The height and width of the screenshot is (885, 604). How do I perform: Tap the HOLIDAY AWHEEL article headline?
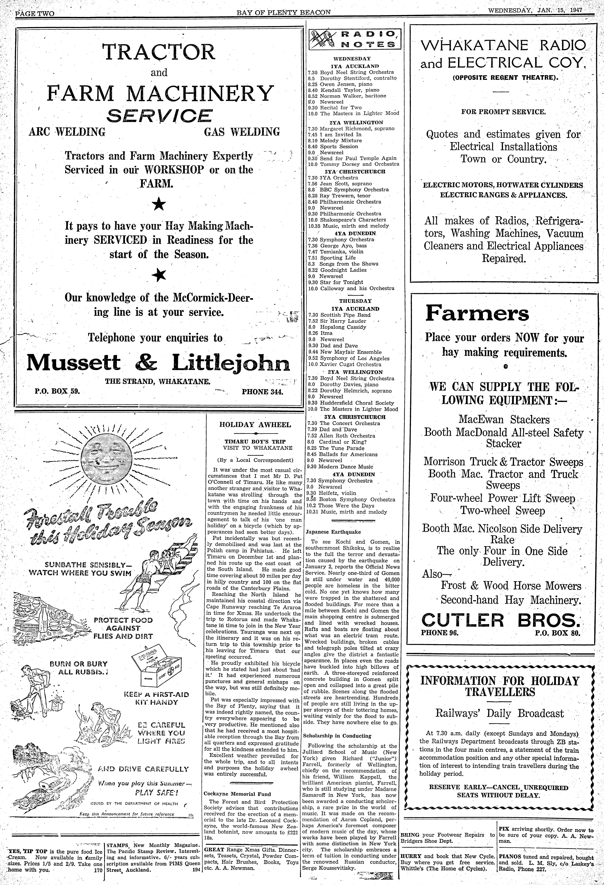tap(255, 425)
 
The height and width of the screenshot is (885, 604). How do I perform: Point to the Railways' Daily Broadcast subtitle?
tap(499, 713)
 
